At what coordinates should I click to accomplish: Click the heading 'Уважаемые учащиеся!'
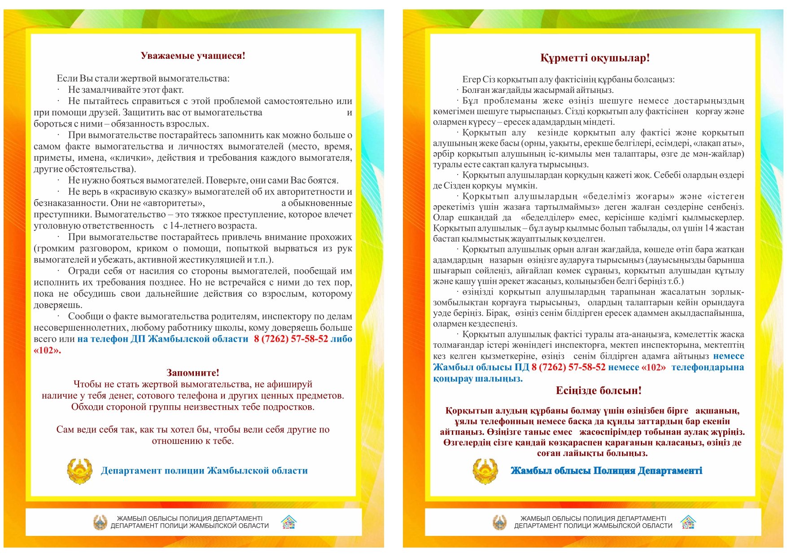(193, 56)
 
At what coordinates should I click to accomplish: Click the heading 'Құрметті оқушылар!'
(595, 58)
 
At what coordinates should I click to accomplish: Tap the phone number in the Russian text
(291, 339)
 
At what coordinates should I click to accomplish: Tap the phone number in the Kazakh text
(568, 367)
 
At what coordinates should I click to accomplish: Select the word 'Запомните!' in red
(193, 373)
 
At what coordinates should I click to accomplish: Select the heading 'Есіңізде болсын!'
(599, 390)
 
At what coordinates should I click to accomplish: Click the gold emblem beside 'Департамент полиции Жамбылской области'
(79, 471)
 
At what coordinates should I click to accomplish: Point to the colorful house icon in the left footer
(289, 522)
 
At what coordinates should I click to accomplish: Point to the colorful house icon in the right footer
(688, 522)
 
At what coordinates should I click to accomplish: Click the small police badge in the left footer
(100, 522)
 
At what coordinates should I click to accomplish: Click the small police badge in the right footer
(499, 522)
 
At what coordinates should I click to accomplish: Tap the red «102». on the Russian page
(47, 351)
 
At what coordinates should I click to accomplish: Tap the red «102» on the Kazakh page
(654, 367)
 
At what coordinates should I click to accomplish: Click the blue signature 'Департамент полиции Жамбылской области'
(204, 471)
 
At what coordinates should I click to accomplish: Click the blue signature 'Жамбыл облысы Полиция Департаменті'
(606, 471)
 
